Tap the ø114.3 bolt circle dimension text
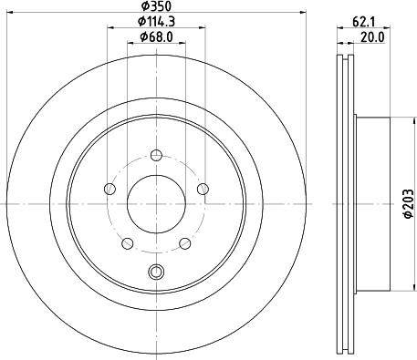(x=156, y=21)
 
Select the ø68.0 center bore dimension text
(x=158, y=36)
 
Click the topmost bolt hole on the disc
(x=155, y=154)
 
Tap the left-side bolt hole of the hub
(x=110, y=189)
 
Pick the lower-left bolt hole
(x=128, y=242)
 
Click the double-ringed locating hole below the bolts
(x=155, y=271)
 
